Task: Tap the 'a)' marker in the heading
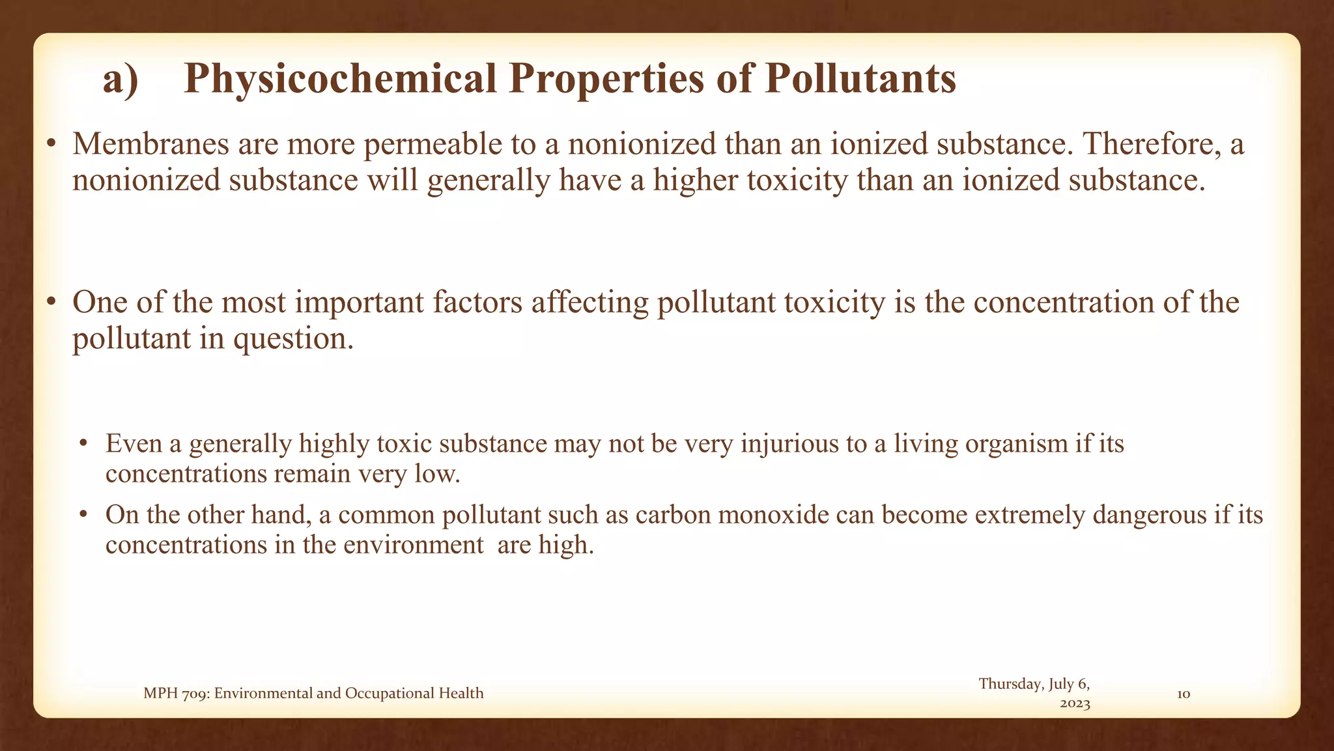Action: (x=121, y=80)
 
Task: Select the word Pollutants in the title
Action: (x=860, y=80)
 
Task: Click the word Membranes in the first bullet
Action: (x=150, y=144)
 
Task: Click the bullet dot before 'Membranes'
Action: (x=51, y=145)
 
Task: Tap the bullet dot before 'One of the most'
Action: (x=51, y=304)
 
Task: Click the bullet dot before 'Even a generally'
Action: (x=83, y=445)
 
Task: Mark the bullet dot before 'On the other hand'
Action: (x=83, y=516)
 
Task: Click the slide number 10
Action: (x=1184, y=694)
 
